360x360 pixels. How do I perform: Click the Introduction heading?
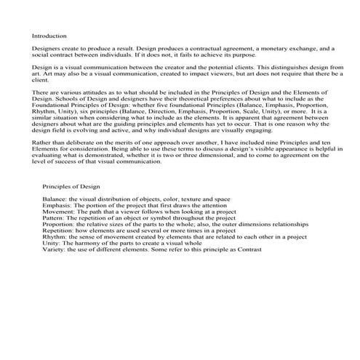coord(49,35)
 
